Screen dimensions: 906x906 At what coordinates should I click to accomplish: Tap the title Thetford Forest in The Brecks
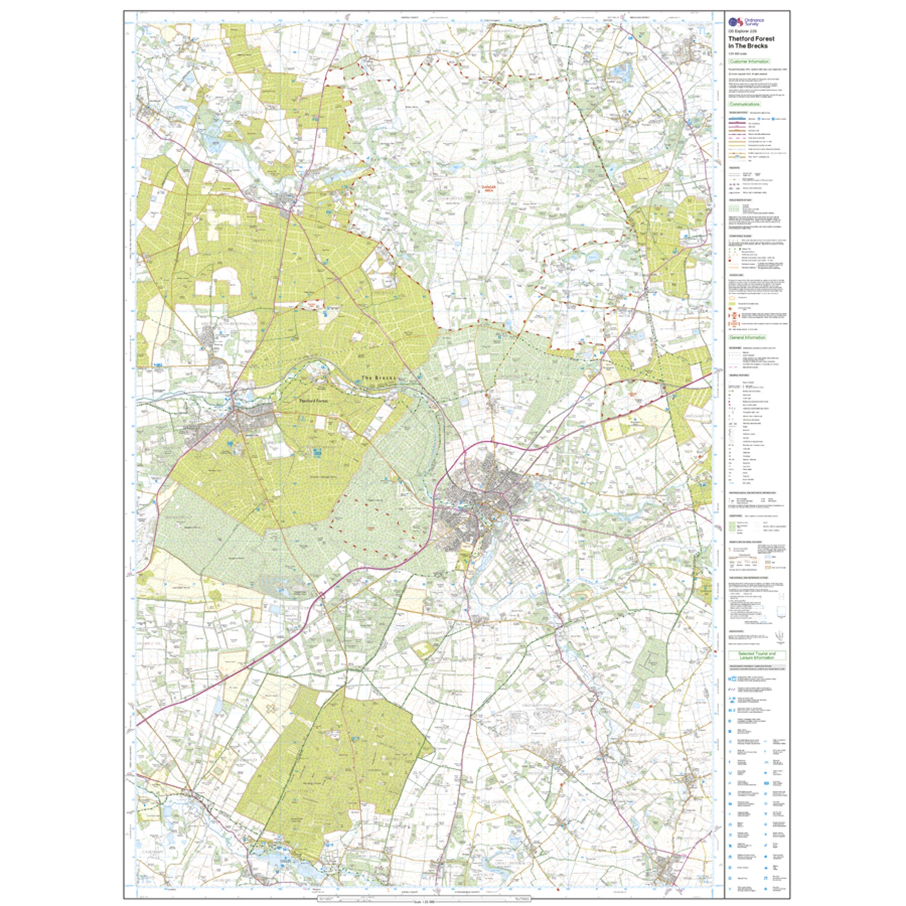(751, 42)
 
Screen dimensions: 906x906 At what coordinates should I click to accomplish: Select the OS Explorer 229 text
(742, 31)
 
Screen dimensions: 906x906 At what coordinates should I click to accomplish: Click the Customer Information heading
(749, 61)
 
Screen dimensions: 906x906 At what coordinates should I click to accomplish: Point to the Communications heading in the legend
(744, 104)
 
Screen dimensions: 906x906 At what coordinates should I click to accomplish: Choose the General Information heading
(747, 337)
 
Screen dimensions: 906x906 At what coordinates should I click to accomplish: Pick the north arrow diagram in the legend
(781, 636)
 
